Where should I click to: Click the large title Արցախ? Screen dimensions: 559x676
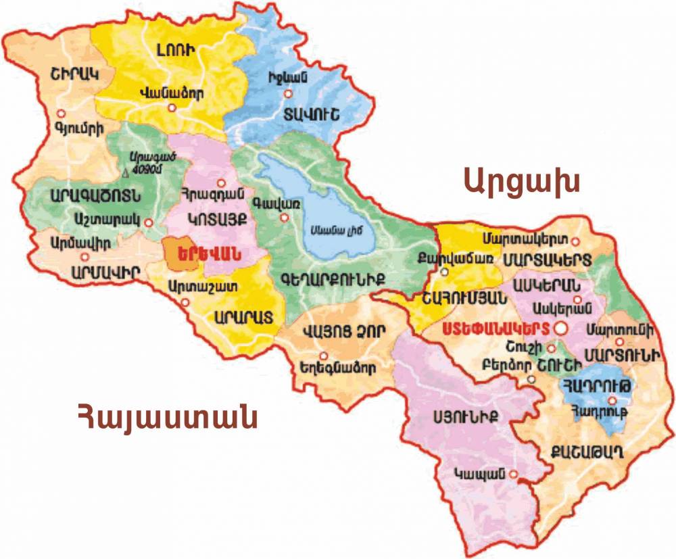click(x=522, y=180)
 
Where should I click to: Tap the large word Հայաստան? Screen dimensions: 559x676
click(x=167, y=417)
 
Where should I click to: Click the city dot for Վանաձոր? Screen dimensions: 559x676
click(x=172, y=107)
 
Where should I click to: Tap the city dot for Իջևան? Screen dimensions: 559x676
click(x=288, y=94)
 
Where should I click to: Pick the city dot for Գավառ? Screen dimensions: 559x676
click(x=285, y=217)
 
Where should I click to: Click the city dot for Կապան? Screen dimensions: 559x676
click(x=514, y=475)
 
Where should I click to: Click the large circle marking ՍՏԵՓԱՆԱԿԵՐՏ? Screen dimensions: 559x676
click(x=560, y=328)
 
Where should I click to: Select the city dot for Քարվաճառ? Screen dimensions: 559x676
click(x=443, y=272)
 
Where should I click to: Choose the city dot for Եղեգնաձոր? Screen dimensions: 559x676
click(x=324, y=356)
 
